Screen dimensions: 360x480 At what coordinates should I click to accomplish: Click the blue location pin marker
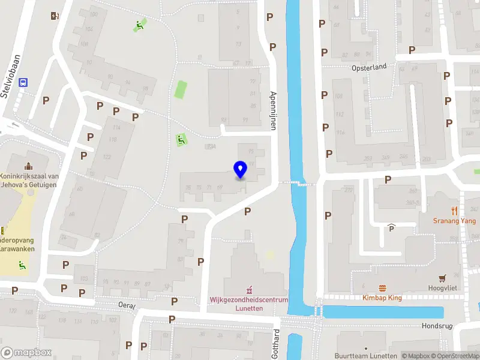pyautogui.click(x=241, y=170)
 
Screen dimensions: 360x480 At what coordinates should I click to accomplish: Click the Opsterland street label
pyautogui.click(x=369, y=67)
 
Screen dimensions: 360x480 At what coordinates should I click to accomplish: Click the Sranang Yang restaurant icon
pyautogui.click(x=454, y=211)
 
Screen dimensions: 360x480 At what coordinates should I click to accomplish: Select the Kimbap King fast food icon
pyautogui.click(x=382, y=288)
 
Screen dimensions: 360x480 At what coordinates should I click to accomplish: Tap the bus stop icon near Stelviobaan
pyautogui.click(x=23, y=83)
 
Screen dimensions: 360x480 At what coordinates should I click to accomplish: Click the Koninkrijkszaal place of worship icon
pyautogui.click(x=28, y=166)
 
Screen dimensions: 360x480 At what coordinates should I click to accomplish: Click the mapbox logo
pyautogui.click(x=26, y=353)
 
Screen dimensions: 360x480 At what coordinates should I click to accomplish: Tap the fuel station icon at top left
pyautogui.click(x=55, y=16)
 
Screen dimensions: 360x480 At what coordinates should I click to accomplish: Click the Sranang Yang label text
pyautogui.click(x=454, y=221)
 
